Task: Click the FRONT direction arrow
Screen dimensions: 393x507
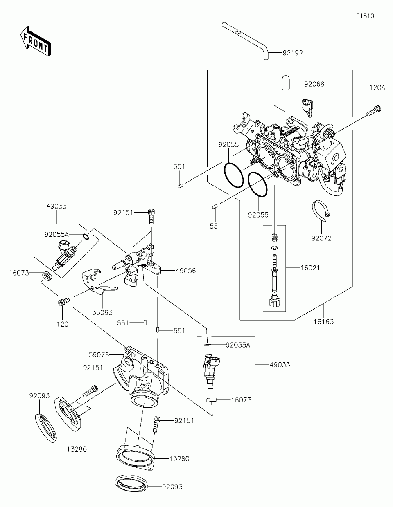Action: coord(35,40)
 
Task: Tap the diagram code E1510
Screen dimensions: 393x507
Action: coord(365,16)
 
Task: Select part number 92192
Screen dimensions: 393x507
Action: coord(293,53)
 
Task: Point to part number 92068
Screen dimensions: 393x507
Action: coord(314,84)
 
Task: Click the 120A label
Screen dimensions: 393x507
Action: coord(377,88)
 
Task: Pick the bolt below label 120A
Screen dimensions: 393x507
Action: coord(374,110)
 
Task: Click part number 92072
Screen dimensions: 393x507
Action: coord(321,238)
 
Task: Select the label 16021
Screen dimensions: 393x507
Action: coord(310,268)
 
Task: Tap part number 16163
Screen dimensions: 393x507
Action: coord(323,322)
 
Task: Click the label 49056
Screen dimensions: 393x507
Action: coord(185,271)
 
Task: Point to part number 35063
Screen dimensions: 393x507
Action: coord(102,312)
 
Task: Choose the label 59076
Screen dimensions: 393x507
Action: coord(99,355)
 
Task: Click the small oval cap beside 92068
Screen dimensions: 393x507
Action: coord(285,83)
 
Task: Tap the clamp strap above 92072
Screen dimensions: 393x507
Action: coord(321,211)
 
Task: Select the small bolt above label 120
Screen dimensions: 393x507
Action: coord(63,301)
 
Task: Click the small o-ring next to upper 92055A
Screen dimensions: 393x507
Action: coord(86,237)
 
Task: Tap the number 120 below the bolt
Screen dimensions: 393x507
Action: coord(63,324)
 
